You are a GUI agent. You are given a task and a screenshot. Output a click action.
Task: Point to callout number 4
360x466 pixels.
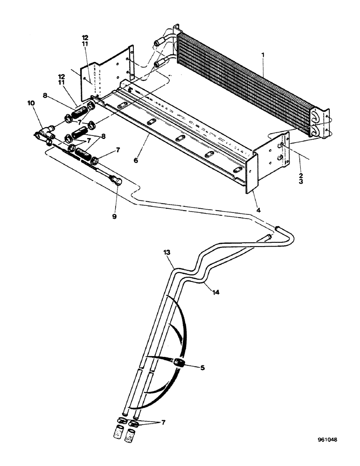point(258,210)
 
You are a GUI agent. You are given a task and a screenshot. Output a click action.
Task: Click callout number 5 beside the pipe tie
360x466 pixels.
point(202,367)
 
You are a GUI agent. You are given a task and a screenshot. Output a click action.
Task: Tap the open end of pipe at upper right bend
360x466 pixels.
point(279,228)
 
